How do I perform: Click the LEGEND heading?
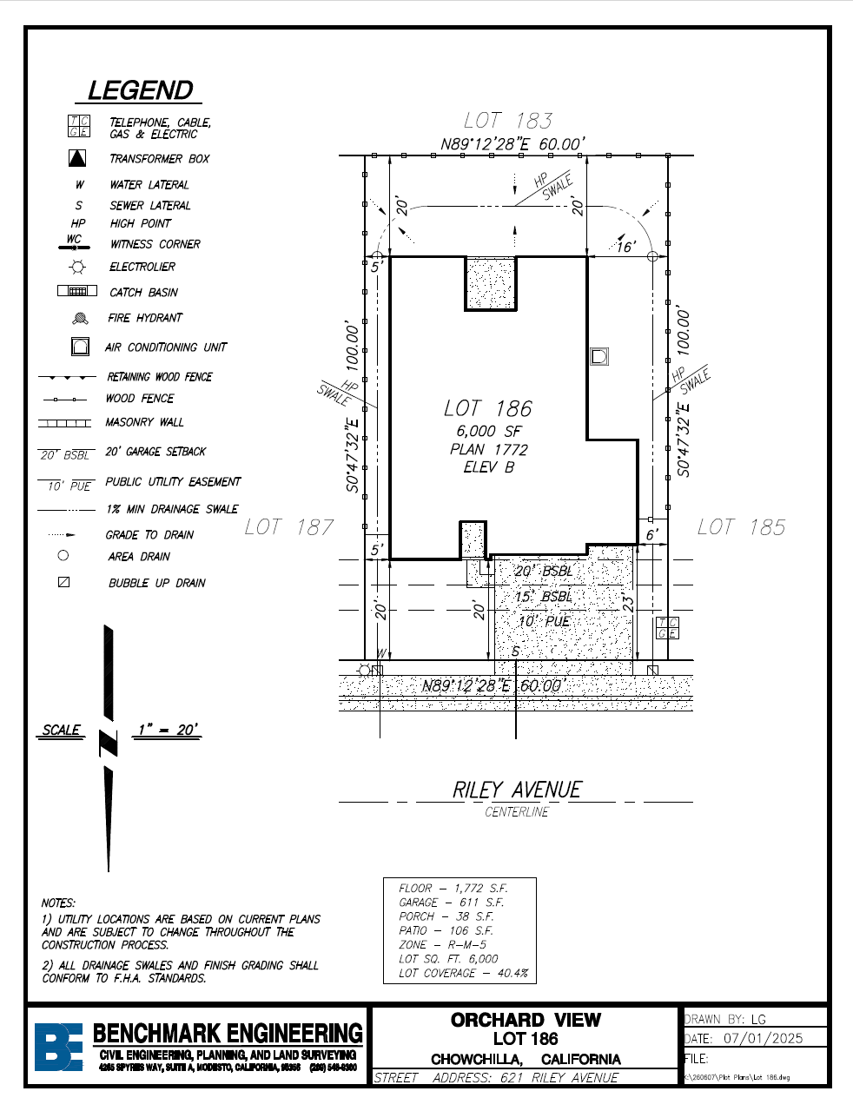(141, 90)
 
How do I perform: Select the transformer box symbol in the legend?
(77, 158)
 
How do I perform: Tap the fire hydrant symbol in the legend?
(80, 319)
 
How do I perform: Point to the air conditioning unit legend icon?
(80, 347)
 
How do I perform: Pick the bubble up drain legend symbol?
(63, 582)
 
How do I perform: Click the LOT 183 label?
(508, 121)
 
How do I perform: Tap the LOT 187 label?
(289, 527)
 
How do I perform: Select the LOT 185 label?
(741, 527)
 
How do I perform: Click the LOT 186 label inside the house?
(487, 408)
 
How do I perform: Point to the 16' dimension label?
(625, 247)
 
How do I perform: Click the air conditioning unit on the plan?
(598, 356)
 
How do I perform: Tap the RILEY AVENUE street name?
(517, 790)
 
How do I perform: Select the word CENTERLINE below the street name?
(517, 812)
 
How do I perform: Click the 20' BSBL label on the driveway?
(544, 571)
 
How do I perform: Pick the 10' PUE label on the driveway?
(544, 621)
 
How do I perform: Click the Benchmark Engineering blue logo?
(58, 1047)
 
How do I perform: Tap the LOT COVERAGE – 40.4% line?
(463, 973)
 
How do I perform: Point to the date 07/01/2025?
(763, 1038)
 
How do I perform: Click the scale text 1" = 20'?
(168, 730)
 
